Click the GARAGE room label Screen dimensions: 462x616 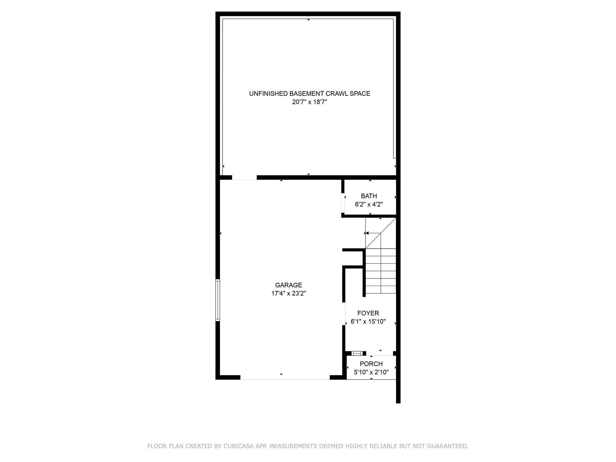pyautogui.click(x=288, y=285)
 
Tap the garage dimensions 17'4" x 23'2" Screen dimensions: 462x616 pyautogui.click(x=288, y=294)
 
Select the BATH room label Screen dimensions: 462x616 pyautogui.click(x=369, y=196)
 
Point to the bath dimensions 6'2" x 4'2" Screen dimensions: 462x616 pyautogui.click(x=369, y=205)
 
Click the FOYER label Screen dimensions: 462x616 pyautogui.click(x=368, y=313)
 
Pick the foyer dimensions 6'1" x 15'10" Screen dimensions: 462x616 pyautogui.click(x=368, y=322)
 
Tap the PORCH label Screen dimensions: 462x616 pyautogui.click(x=371, y=364)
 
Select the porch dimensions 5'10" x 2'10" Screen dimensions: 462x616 pyautogui.click(x=371, y=372)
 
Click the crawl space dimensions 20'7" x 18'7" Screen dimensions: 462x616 pyautogui.click(x=310, y=102)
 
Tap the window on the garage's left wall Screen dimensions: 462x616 pyautogui.click(x=218, y=300)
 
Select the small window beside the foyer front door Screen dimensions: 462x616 pyautogui.click(x=357, y=353)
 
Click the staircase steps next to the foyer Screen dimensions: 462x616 pyautogui.click(x=381, y=271)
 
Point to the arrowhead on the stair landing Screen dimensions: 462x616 pyautogui.click(x=367, y=233)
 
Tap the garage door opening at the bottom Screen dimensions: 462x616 pyautogui.click(x=285, y=378)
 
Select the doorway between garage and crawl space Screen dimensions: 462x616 pyautogui.click(x=244, y=178)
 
